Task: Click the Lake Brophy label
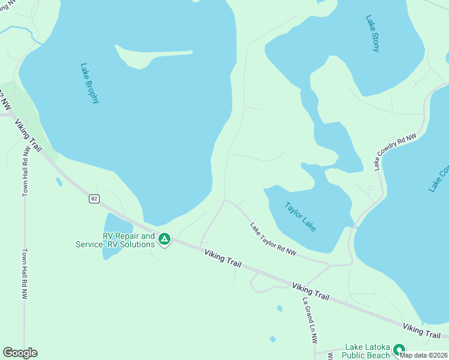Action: click(x=89, y=83)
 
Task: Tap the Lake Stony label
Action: click(x=372, y=34)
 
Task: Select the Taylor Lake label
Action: click(x=300, y=217)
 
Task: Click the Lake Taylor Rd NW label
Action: click(x=274, y=239)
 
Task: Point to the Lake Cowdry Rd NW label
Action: click(x=395, y=152)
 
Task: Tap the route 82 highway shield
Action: click(x=93, y=199)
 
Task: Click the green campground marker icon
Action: click(x=164, y=240)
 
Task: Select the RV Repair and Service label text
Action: click(x=115, y=240)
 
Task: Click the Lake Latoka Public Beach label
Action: click(x=367, y=351)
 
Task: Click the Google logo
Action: click(x=20, y=353)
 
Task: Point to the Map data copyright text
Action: click(x=424, y=355)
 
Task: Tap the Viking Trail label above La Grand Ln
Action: click(x=311, y=291)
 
